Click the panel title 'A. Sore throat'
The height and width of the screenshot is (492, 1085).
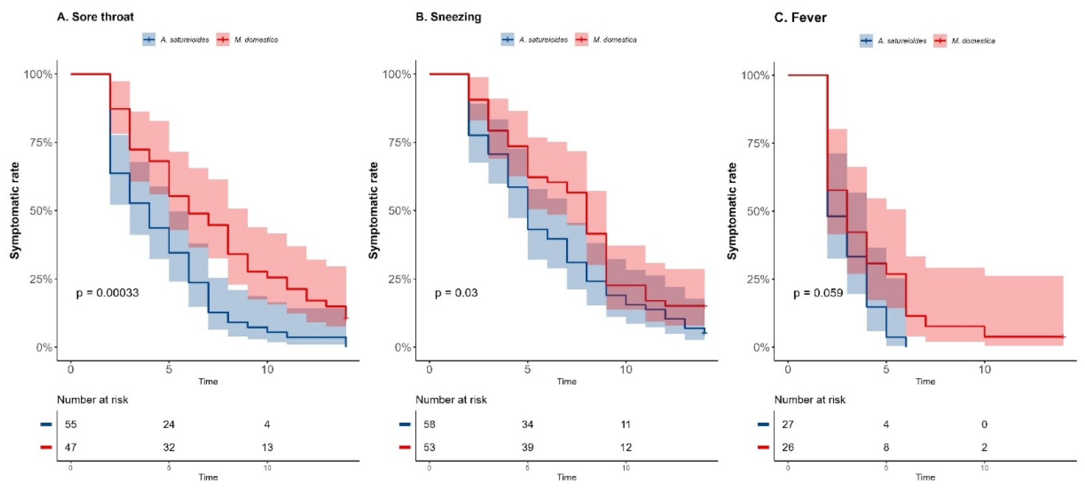(x=95, y=17)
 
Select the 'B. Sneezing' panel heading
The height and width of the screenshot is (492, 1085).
(x=448, y=17)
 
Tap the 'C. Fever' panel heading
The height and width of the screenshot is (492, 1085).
(x=800, y=17)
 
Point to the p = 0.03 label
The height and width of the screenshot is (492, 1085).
(x=456, y=293)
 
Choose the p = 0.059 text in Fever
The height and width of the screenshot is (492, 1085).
(x=818, y=293)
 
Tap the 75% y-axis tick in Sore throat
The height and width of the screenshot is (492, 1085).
(x=41, y=143)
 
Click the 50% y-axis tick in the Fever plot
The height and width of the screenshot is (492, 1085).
(x=758, y=211)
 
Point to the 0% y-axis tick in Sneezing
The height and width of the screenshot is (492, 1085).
(x=402, y=347)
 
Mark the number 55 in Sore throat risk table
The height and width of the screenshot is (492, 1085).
(x=71, y=424)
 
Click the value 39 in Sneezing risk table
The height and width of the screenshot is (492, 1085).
(x=527, y=447)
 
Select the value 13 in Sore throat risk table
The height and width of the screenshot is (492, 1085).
(x=267, y=447)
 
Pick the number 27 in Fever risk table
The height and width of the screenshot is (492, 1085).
(x=788, y=424)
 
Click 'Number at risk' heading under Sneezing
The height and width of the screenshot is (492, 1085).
(x=451, y=400)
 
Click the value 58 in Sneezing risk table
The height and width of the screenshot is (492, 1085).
(x=429, y=424)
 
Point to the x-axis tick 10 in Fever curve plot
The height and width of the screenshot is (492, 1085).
(x=984, y=370)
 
